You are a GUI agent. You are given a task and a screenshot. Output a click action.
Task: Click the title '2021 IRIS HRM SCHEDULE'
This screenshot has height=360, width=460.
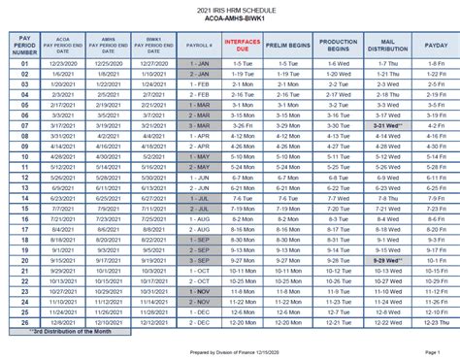pyautogui.click(x=229, y=10)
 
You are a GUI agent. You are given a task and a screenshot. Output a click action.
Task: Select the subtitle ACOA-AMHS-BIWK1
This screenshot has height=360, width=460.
pyautogui.click(x=229, y=20)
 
